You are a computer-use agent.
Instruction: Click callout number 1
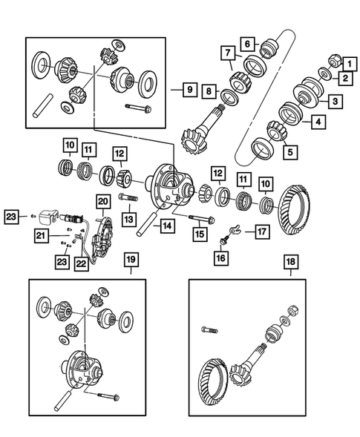344,65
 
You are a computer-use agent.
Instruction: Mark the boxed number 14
168,225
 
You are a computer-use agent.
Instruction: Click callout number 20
102,201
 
